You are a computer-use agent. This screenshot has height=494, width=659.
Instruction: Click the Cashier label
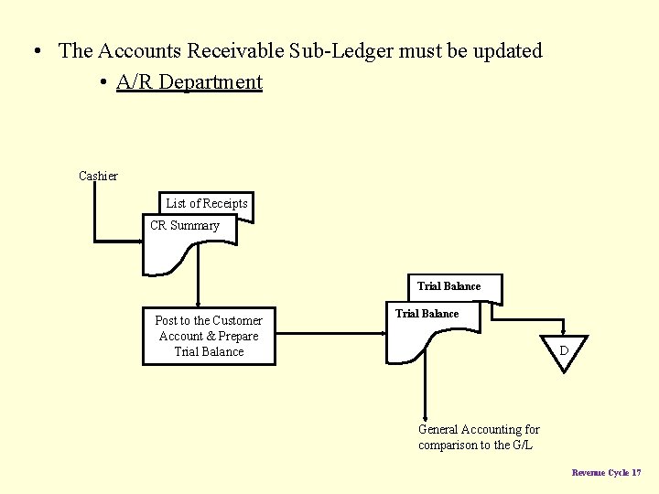coord(98,176)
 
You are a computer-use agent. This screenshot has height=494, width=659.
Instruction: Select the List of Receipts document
coord(207,203)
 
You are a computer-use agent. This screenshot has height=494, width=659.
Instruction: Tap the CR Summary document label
coord(185,226)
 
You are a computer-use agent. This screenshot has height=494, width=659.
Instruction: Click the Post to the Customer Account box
coord(209,336)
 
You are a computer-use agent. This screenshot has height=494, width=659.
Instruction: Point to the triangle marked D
coord(565,350)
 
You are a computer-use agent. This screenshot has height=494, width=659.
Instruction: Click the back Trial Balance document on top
coord(448,286)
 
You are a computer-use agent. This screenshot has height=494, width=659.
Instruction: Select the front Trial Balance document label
coord(427,314)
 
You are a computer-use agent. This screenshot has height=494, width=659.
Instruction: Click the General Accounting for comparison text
coord(479,437)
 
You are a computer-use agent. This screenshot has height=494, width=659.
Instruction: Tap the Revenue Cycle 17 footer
coord(606,473)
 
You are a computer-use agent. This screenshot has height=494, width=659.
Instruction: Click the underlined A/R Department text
coord(189,82)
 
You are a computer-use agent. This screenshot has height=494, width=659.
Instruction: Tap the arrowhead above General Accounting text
coord(425,417)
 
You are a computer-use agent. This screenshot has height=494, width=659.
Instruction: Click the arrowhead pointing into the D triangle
coord(565,331)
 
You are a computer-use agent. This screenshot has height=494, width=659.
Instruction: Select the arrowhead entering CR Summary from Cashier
coord(140,242)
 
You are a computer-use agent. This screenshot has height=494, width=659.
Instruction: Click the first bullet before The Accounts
coord(34,51)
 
